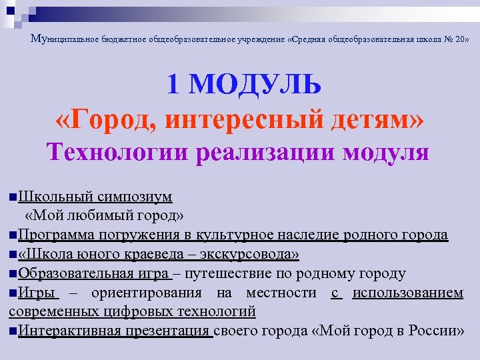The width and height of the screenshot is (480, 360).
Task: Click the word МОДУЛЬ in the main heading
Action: point(259,85)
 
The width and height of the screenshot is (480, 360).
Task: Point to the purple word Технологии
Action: point(117,152)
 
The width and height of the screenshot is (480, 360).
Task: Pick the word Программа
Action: point(57,235)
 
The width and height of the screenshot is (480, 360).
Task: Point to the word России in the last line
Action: point(430,331)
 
